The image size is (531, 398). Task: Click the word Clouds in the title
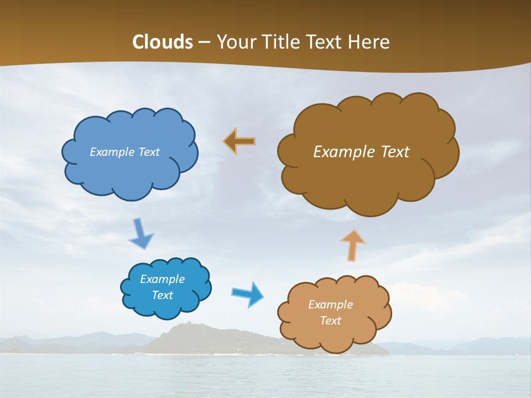[163, 42]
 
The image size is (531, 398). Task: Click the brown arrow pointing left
[240, 141]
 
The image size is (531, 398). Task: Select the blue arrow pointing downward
[140, 234]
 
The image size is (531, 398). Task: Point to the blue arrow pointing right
[247, 294]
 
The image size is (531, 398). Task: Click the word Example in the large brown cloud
[342, 152]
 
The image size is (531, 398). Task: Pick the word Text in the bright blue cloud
[162, 295]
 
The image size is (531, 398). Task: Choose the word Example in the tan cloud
[330, 305]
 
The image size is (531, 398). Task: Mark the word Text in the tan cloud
[330, 321]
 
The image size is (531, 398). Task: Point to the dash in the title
[204, 43]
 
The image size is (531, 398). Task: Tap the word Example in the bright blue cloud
[162, 279]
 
